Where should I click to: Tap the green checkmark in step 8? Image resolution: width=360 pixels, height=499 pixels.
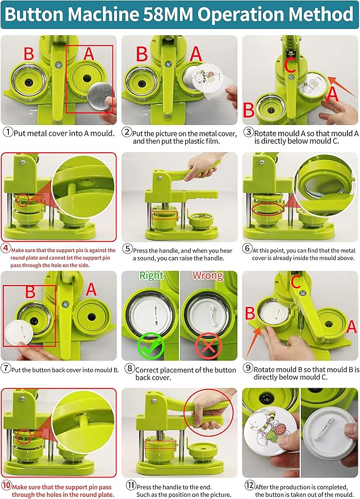pyautogui.click(x=150, y=345)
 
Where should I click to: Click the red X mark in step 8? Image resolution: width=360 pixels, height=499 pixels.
pyautogui.click(x=208, y=345)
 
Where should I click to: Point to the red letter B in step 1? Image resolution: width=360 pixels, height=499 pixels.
pyautogui.click(x=29, y=54)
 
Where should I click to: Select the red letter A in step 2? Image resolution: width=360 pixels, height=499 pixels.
pyautogui.click(x=195, y=54)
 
